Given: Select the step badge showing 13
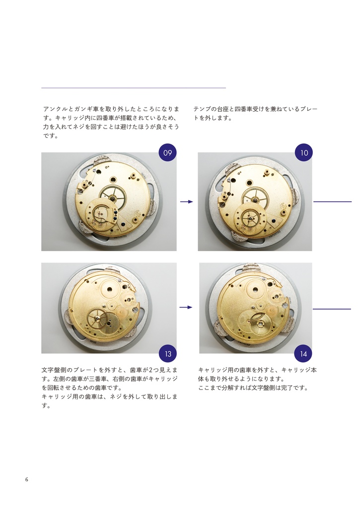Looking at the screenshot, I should point(168,354).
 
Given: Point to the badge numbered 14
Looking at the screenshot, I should point(304,354).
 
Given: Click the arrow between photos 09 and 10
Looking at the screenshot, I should point(186,201).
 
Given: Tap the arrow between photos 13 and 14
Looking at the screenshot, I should point(186,308).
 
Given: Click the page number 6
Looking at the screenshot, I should point(27,479).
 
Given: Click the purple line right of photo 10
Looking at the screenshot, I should point(332,202).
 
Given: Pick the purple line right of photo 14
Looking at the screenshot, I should point(332,309).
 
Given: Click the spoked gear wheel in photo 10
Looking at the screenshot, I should point(255,198).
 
